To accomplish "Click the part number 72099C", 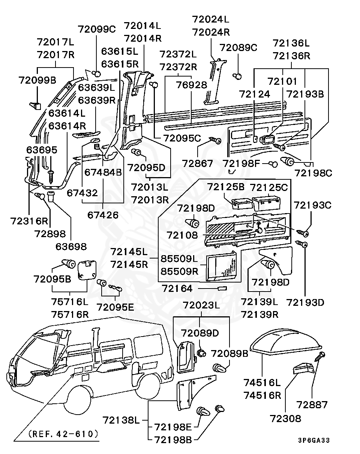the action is tap(97, 29).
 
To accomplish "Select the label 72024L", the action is tap(210, 20).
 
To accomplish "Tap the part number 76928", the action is tap(192, 85).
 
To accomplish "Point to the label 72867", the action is tap(197, 164).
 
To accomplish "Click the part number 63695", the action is tap(42, 150).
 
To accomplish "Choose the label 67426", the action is tap(103, 215).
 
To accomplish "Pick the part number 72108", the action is tap(182, 235).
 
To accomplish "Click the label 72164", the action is tap(177, 289).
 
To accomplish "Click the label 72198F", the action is tap(241, 164).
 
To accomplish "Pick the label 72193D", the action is tap(305, 302).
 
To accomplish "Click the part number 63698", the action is tap(71, 247).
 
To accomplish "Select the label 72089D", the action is tap(200, 333).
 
